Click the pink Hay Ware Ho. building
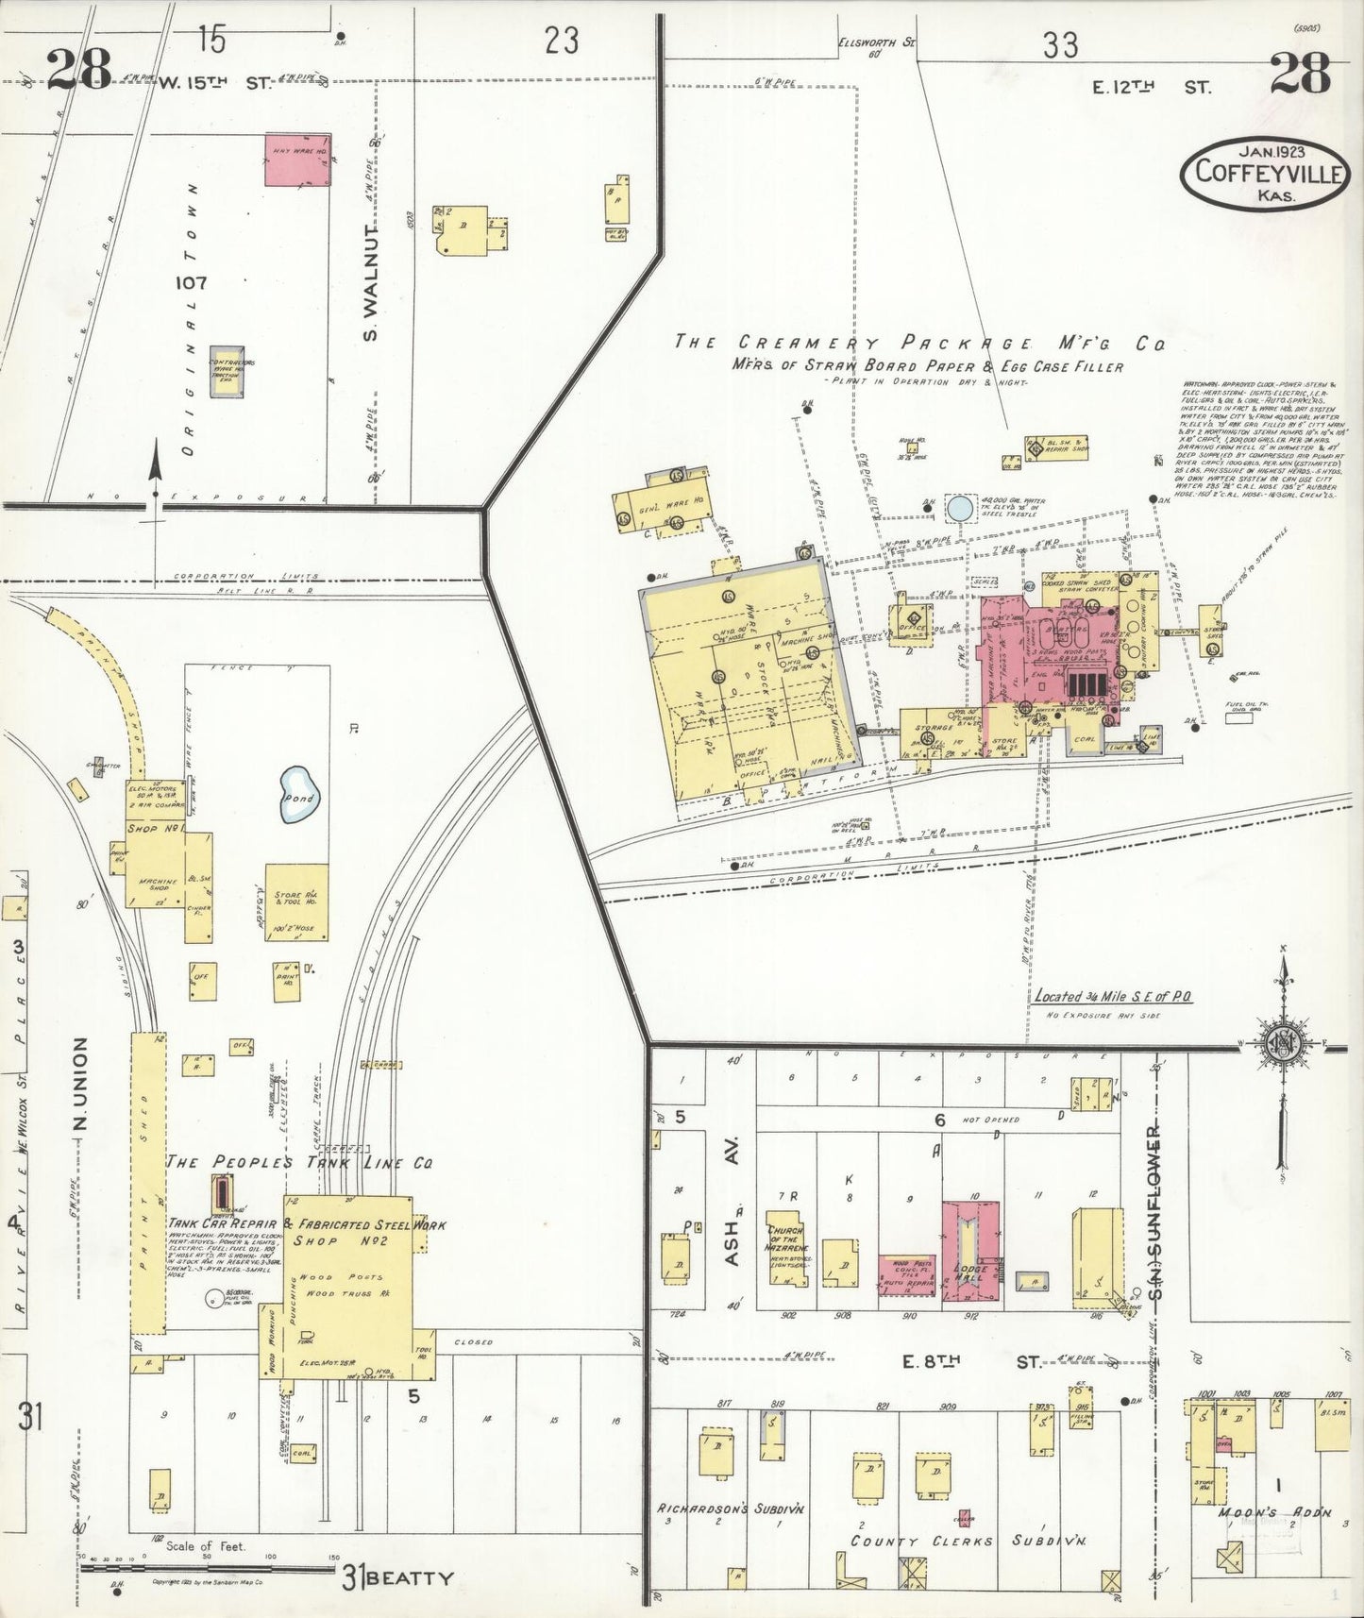(297, 160)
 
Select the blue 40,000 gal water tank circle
(959, 509)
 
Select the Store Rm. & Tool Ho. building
(296, 902)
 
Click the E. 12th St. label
(1151, 88)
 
